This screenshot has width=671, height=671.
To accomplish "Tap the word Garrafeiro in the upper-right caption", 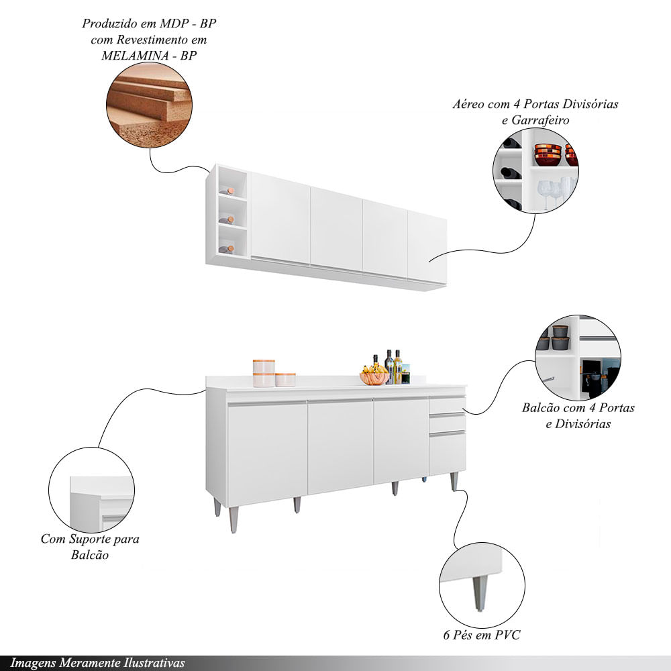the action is [540, 120].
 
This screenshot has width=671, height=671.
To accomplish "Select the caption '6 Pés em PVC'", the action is [481, 635].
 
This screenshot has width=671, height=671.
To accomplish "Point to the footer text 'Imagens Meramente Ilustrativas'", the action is [97, 664].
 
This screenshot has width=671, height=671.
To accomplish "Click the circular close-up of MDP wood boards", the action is [149, 105].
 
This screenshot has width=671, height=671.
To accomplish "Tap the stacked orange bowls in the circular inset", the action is [548, 154].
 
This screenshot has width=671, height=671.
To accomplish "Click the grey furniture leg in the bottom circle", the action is [480, 592].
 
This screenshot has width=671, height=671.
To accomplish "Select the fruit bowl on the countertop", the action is [374, 378].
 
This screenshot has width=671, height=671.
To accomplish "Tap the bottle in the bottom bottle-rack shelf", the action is [226, 249].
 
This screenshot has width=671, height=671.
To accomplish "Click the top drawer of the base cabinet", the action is [447, 405].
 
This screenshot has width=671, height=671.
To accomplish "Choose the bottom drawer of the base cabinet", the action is [447, 453].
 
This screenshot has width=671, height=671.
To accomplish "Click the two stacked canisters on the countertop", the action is [264, 373].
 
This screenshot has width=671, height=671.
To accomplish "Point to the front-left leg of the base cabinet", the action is [234, 519].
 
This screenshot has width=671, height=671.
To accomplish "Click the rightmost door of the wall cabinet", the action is [427, 247].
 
